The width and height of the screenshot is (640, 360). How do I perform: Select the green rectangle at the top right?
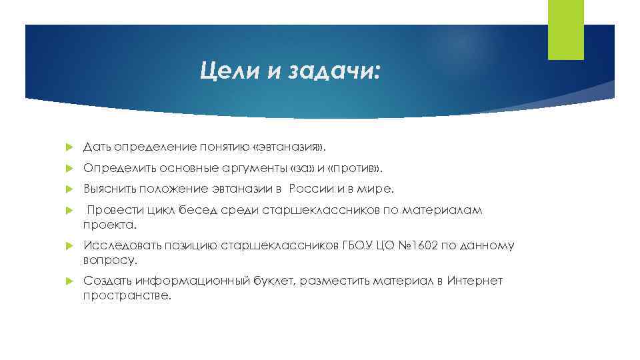[x=565, y=29]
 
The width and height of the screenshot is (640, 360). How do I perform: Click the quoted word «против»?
[x=340, y=167]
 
